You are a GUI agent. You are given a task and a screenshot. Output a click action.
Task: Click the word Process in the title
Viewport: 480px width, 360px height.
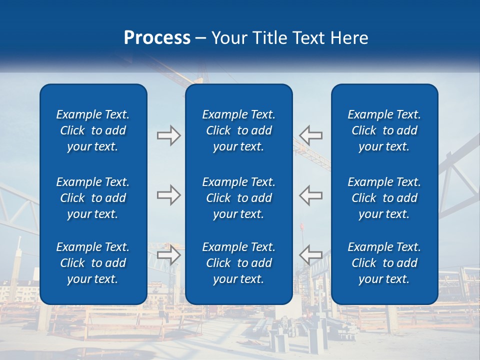pos(157,38)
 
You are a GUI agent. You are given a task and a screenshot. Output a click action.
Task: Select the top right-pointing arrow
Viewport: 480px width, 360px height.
pos(168,135)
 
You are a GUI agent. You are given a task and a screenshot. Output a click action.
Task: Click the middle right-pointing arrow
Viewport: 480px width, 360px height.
pos(168,195)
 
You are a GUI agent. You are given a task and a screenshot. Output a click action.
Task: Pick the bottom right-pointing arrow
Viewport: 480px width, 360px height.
pos(168,254)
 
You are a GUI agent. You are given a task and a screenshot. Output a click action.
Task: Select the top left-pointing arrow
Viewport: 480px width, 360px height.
pos(311,135)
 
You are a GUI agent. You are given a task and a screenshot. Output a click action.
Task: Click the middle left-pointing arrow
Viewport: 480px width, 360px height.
pos(311,195)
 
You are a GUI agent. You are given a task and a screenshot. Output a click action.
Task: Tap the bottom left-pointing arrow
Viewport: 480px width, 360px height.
pos(311,254)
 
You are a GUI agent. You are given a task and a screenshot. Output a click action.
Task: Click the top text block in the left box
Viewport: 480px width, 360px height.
pos(93,130)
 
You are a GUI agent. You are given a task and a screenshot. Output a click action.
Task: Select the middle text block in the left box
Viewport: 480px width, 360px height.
pos(93,198)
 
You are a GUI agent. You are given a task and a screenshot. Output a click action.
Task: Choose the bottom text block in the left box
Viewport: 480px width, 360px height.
pos(93,263)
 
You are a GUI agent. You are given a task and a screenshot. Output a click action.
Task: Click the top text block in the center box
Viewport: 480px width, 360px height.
pos(239,130)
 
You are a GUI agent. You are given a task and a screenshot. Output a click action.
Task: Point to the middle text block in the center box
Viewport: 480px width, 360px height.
pos(239,198)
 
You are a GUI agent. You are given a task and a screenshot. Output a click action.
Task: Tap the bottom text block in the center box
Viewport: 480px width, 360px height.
pos(239,263)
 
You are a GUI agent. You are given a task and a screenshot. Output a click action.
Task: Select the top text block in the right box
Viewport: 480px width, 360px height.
pos(384,130)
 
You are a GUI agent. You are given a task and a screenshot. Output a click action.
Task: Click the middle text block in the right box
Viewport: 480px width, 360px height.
pos(384,198)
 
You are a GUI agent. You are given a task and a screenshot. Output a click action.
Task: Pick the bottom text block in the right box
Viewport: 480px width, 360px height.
pos(384,263)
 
